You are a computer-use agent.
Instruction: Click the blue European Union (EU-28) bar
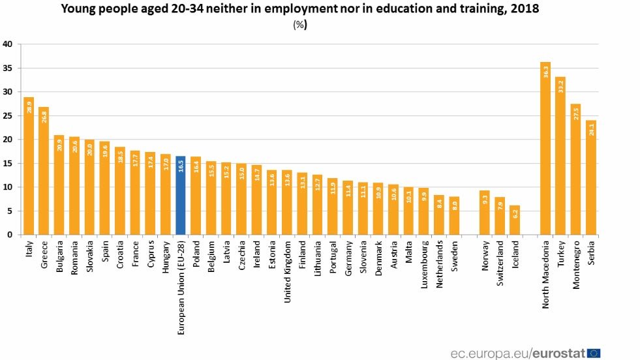pos(181,196)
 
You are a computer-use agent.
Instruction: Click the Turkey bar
pos(560,156)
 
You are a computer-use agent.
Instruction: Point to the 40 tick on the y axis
pos(8,44)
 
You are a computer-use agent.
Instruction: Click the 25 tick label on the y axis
pos(8,115)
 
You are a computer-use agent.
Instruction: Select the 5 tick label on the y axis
pos(9,211)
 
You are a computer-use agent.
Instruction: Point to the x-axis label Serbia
pos(591,254)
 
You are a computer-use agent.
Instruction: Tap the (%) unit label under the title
pos(300,25)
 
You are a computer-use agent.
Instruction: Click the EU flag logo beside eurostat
pos(594,353)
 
